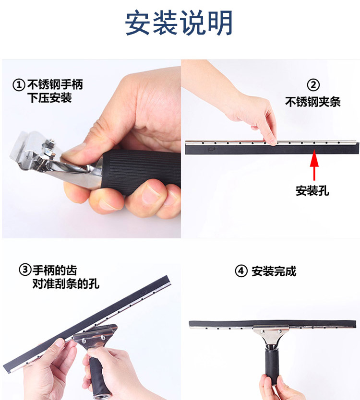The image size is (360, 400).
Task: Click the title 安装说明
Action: point(179,23)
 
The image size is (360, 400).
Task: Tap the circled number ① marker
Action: point(19,85)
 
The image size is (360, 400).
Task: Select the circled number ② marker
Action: point(313,85)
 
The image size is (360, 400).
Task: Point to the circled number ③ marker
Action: point(25,270)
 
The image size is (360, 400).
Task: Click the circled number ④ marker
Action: point(241,271)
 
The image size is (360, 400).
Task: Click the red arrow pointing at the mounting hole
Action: point(314,165)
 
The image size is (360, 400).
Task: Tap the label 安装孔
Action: point(312,190)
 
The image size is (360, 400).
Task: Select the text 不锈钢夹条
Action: point(313,102)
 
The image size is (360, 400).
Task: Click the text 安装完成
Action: point(274,271)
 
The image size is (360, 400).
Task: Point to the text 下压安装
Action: point(50,98)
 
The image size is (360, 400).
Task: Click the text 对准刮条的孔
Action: point(66,283)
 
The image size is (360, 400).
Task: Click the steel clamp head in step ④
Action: point(271,334)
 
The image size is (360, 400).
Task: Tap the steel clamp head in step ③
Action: point(95,336)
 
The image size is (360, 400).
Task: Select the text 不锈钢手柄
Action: point(55,85)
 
